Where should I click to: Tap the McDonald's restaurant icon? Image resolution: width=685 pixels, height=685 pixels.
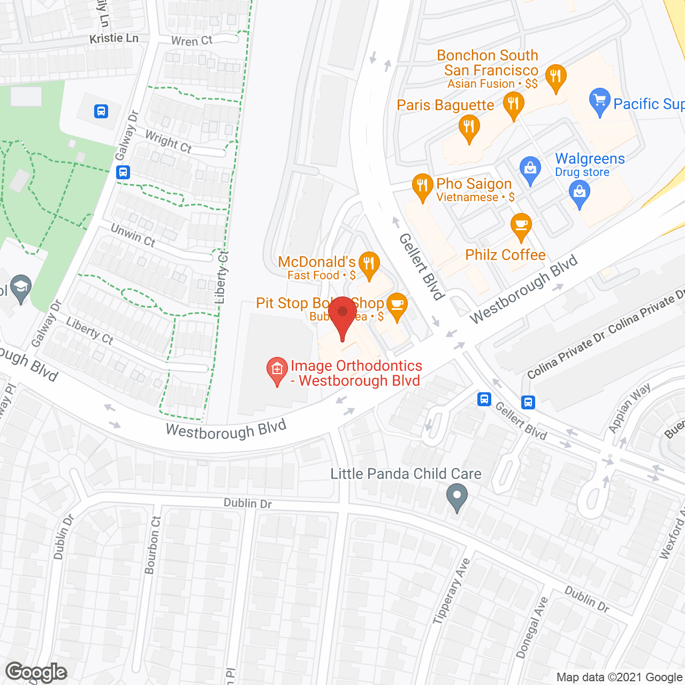pos(369,264)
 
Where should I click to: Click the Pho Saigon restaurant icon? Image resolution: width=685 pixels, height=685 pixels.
pos(422,186)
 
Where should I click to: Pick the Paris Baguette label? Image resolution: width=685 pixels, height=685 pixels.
pos(445,105)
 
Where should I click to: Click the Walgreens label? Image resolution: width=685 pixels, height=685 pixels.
pos(590,159)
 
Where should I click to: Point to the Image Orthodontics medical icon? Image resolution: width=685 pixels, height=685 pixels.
pos(277,370)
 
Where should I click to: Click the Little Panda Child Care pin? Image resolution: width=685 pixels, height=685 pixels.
pos(456,496)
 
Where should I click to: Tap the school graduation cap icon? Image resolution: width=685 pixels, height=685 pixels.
pos(20,288)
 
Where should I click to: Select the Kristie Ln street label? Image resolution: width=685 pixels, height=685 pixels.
pos(114,39)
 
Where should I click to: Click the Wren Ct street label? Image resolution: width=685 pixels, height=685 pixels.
pos(192,41)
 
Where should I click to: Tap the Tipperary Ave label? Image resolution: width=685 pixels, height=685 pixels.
pos(451,591)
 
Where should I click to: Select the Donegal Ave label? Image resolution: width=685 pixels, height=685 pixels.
pos(532,627)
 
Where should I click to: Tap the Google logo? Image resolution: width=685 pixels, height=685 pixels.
pos(36,672)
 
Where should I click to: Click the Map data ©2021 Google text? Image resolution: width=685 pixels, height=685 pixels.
pos(620,678)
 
